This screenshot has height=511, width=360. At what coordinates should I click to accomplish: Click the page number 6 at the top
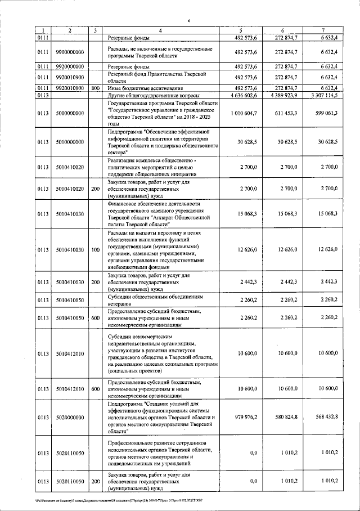189,20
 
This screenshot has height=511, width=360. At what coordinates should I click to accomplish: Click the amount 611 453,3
285,113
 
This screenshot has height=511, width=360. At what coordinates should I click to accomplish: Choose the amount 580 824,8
285,417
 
